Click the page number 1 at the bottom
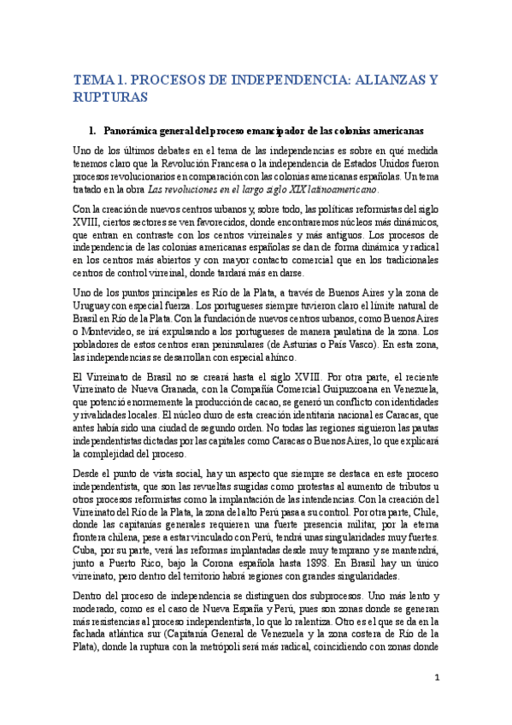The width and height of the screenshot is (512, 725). [x=436, y=678]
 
